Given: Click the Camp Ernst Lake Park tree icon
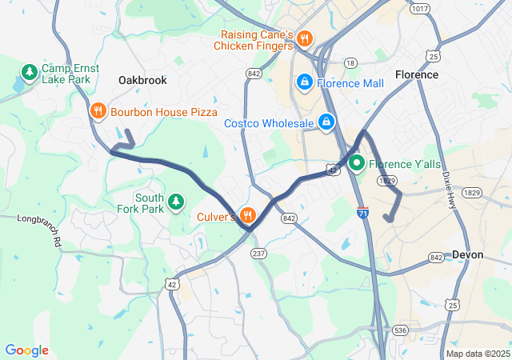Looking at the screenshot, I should (x=30, y=74).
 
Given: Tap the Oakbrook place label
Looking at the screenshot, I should (x=142, y=81).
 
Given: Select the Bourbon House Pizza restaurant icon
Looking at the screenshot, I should (x=98, y=112).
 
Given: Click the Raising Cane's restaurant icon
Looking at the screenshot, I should (x=303, y=38).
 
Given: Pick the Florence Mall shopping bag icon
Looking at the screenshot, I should (x=304, y=82).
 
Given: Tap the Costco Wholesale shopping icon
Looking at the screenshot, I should (x=326, y=123).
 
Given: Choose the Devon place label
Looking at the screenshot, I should (x=468, y=254).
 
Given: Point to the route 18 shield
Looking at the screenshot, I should (x=350, y=62).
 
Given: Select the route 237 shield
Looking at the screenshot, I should (x=258, y=253).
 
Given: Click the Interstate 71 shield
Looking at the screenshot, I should (x=363, y=213).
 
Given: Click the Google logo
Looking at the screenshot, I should (x=26, y=350).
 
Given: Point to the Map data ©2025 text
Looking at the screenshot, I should (x=478, y=354).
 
